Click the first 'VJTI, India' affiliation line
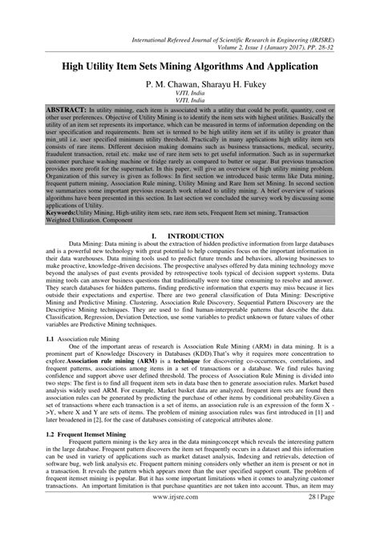(x=190, y=93)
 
